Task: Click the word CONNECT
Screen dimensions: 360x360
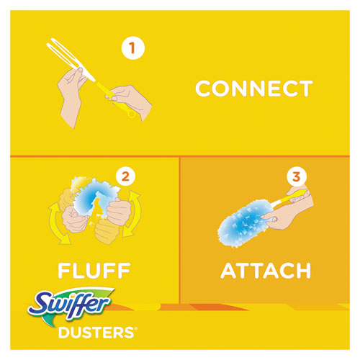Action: (253, 89)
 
